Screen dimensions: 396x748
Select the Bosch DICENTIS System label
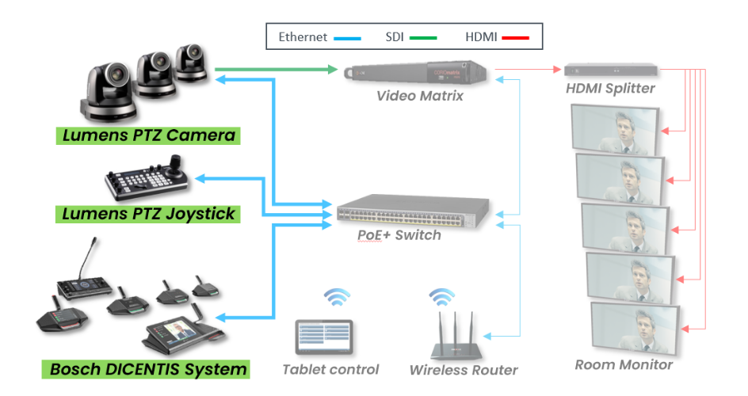pyautogui.click(x=147, y=369)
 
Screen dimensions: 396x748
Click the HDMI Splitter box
pyautogui.click(x=610, y=69)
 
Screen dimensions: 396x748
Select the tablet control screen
pyautogui.click(x=324, y=337)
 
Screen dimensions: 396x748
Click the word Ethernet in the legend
pyautogui.click(x=302, y=37)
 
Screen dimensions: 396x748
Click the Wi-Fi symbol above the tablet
pyautogui.click(x=336, y=299)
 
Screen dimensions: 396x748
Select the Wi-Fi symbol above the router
pyautogui.click(x=442, y=299)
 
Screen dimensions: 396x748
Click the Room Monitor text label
pyautogui.click(x=624, y=364)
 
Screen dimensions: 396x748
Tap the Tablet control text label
pyautogui.click(x=330, y=369)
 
